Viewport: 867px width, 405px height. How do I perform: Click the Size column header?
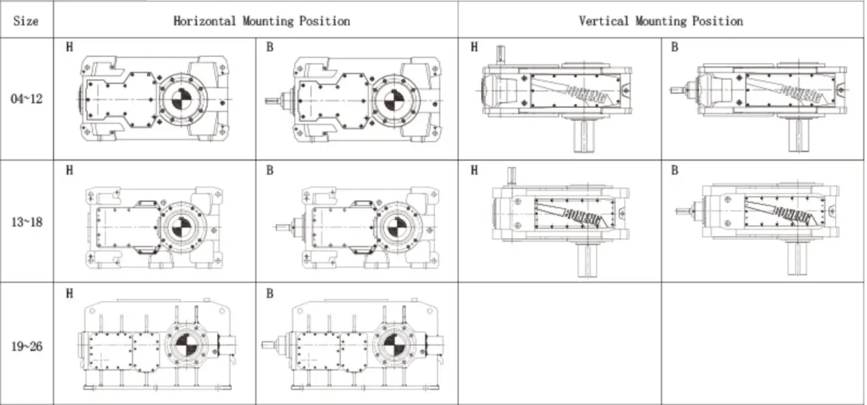pyautogui.click(x=25, y=21)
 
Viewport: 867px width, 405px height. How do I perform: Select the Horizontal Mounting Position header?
pyautogui.click(x=261, y=21)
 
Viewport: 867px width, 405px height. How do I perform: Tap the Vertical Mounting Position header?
pyautogui.click(x=660, y=21)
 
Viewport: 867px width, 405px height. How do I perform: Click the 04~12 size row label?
pyautogui.click(x=27, y=99)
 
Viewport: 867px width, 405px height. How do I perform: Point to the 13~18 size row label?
pyautogui.click(x=27, y=222)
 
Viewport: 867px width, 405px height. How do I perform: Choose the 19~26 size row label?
pyautogui.click(x=27, y=346)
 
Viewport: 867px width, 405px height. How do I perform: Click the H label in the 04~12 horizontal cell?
pyautogui.click(x=69, y=48)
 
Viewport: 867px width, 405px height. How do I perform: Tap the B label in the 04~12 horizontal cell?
pyautogui.click(x=270, y=48)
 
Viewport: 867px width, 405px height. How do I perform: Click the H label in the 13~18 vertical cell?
pyautogui.click(x=473, y=170)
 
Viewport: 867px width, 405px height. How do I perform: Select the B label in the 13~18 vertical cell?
pyautogui.click(x=674, y=170)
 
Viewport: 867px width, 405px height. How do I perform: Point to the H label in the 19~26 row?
pyautogui.click(x=69, y=293)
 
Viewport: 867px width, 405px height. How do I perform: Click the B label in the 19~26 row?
pyautogui.click(x=270, y=293)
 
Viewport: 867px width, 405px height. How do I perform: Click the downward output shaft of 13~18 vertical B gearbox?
pyautogui.click(x=794, y=258)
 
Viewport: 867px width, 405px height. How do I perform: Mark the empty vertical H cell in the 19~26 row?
pyautogui.click(x=559, y=343)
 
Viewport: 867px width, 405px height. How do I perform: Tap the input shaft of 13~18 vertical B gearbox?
pyautogui.click(x=683, y=211)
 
